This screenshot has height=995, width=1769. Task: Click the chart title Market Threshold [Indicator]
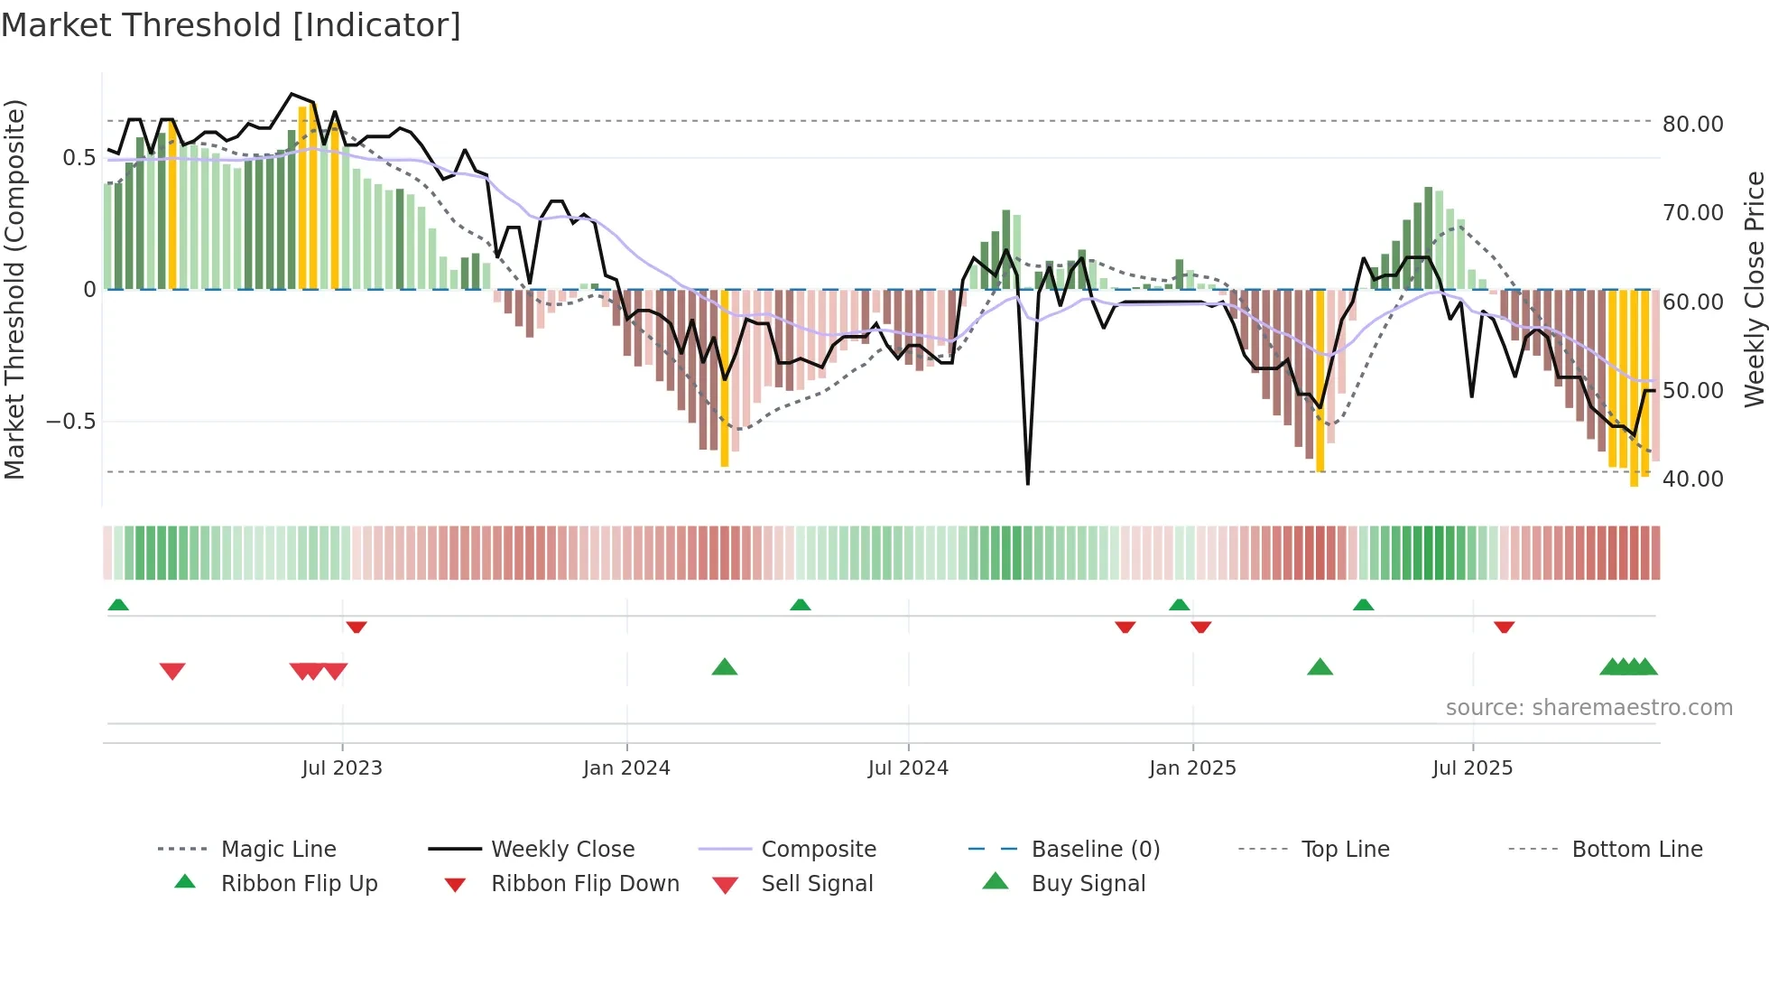click(x=231, y=25)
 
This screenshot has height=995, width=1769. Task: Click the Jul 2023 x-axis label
click(x=342, y=768)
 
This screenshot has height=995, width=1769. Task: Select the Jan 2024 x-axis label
click(x=626, y=768)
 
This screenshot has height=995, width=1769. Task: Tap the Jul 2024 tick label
click(x=908, y=768)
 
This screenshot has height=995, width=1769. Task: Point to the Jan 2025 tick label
click(x=1192, y=768)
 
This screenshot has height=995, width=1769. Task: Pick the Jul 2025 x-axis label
click(x=1472, y=768)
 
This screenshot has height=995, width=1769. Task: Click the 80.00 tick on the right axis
click(x=1692, y=125)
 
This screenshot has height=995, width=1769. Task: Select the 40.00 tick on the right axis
click(x=1692, y=479)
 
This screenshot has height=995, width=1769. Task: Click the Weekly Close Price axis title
click(x=1754, y=289)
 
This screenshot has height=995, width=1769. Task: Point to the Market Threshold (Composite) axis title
click(x=14, y=289)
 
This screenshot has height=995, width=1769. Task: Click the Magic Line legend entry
click(x=278, y=850)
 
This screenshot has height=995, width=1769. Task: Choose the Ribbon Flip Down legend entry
click(x=585, y=884)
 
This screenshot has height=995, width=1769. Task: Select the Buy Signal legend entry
click(x=1088, y=884)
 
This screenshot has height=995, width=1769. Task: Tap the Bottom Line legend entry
click(x=1636, y=850)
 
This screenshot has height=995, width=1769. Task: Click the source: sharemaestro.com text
click(x=1588, y=708)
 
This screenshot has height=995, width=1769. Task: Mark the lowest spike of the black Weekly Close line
click(x=1028, y=483)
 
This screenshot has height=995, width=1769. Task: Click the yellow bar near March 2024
click(x=725, y=379)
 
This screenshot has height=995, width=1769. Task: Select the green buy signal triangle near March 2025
click(x=1320, y=668)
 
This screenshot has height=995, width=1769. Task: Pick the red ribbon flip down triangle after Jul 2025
click(x=1504, y=627)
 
